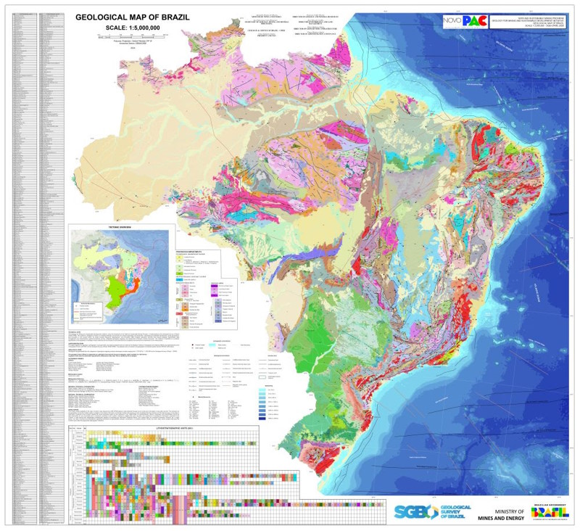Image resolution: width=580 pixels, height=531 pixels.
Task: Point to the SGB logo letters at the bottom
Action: (x=413, y=511)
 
